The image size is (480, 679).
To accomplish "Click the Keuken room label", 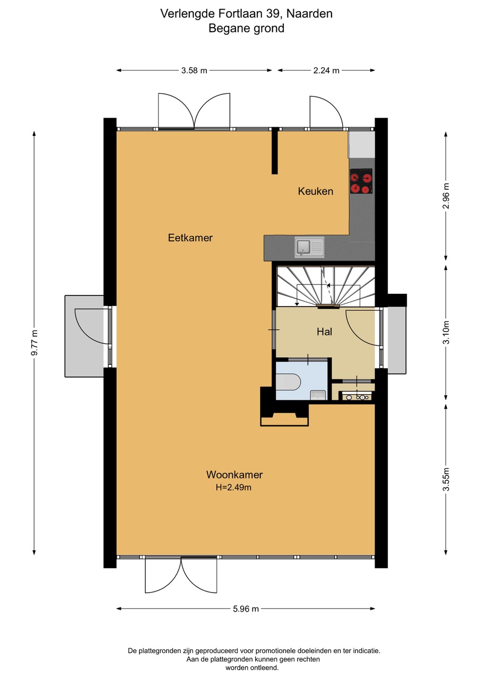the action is tap(316, 191).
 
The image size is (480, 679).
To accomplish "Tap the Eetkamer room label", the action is tap(190, 238).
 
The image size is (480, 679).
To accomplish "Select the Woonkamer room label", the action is tap(234, 474).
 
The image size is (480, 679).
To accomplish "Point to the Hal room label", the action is tap(324, 332).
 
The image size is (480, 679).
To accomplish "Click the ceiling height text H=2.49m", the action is tap(233, 488).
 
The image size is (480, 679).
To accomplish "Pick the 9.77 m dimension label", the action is tap(34, 343).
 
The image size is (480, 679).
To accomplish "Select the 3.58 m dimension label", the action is tap(194, 71).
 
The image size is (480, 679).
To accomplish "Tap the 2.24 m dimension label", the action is tap(326, 71).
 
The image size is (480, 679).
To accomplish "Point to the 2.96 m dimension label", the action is tap(446, 196).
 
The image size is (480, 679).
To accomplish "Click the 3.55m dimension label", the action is tap(446, 480).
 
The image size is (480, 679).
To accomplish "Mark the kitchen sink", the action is tap(309, 247).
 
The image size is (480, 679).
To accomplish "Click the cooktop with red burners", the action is tap(361, 181).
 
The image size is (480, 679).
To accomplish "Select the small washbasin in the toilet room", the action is tap(318, 395).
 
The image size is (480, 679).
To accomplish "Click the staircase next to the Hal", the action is tap(326, 286).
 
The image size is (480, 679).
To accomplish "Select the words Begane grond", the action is tap(246, 29).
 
